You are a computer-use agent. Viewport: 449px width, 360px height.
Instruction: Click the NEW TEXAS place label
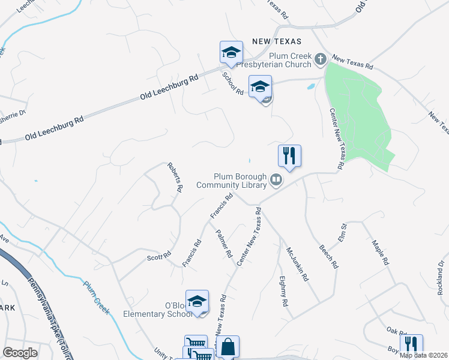(x=276, y=41)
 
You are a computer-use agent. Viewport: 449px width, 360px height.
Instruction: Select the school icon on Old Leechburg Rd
(x=231, y=53)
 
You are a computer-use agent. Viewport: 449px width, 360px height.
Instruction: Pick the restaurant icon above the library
(x=289, y=157)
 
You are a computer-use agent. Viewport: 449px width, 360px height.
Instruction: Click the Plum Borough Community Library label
(x=231, y=181)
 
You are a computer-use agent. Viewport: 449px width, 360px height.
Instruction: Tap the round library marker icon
(x=276, y=179)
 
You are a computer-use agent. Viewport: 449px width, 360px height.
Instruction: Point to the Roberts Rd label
(x=175, y=178)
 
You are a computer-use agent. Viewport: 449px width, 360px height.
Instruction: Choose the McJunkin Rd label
(x=297, y=265)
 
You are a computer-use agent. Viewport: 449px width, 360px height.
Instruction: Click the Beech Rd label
(x=329, y=256)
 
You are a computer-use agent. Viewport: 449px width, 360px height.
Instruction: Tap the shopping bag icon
(x=228, y=346)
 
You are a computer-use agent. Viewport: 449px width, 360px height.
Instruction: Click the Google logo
(x=20, y=353)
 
